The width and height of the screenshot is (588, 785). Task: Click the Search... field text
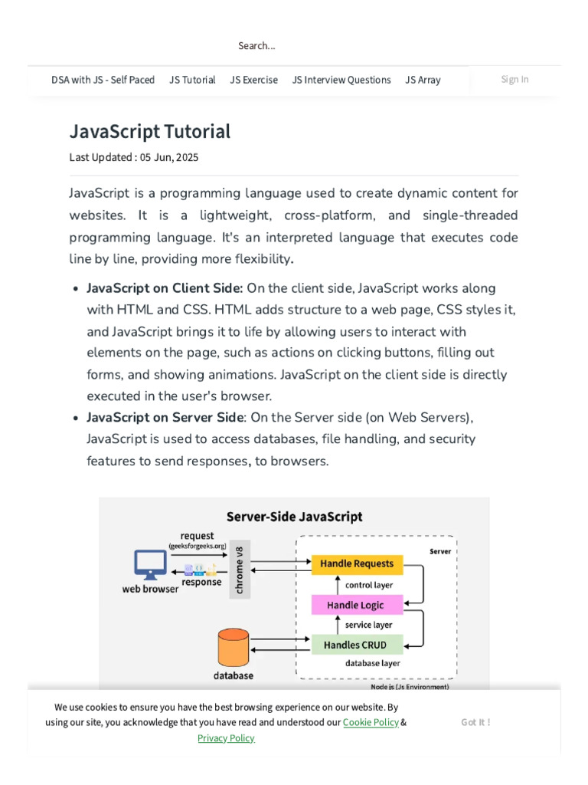click(256, 46)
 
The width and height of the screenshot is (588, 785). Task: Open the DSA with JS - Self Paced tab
click(103, 80)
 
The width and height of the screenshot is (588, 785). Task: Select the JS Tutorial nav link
click(192, 80)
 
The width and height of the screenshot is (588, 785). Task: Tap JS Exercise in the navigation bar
click(253, 80)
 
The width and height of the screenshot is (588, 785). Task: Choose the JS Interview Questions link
click(341, 80)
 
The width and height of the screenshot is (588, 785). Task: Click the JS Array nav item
click(423, 80)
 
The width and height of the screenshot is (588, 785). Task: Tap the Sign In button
click(514, 79)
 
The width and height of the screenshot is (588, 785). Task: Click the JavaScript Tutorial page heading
click(150, 132)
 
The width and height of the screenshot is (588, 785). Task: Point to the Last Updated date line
click(134, 157)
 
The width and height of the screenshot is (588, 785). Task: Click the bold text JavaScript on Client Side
click(165, 288)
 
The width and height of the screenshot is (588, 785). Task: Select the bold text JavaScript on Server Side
click(165, 418)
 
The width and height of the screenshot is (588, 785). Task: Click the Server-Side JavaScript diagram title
click(294, 517)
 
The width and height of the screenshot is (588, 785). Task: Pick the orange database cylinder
click(234, 648)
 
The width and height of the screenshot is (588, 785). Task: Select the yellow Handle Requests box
click(357, 564)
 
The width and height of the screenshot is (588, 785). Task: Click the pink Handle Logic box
click(355, 605)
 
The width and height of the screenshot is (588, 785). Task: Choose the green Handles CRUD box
click(355, 645)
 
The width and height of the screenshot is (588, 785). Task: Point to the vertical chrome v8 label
click(240, 570)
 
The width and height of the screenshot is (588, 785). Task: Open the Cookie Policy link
click(371, 722)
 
